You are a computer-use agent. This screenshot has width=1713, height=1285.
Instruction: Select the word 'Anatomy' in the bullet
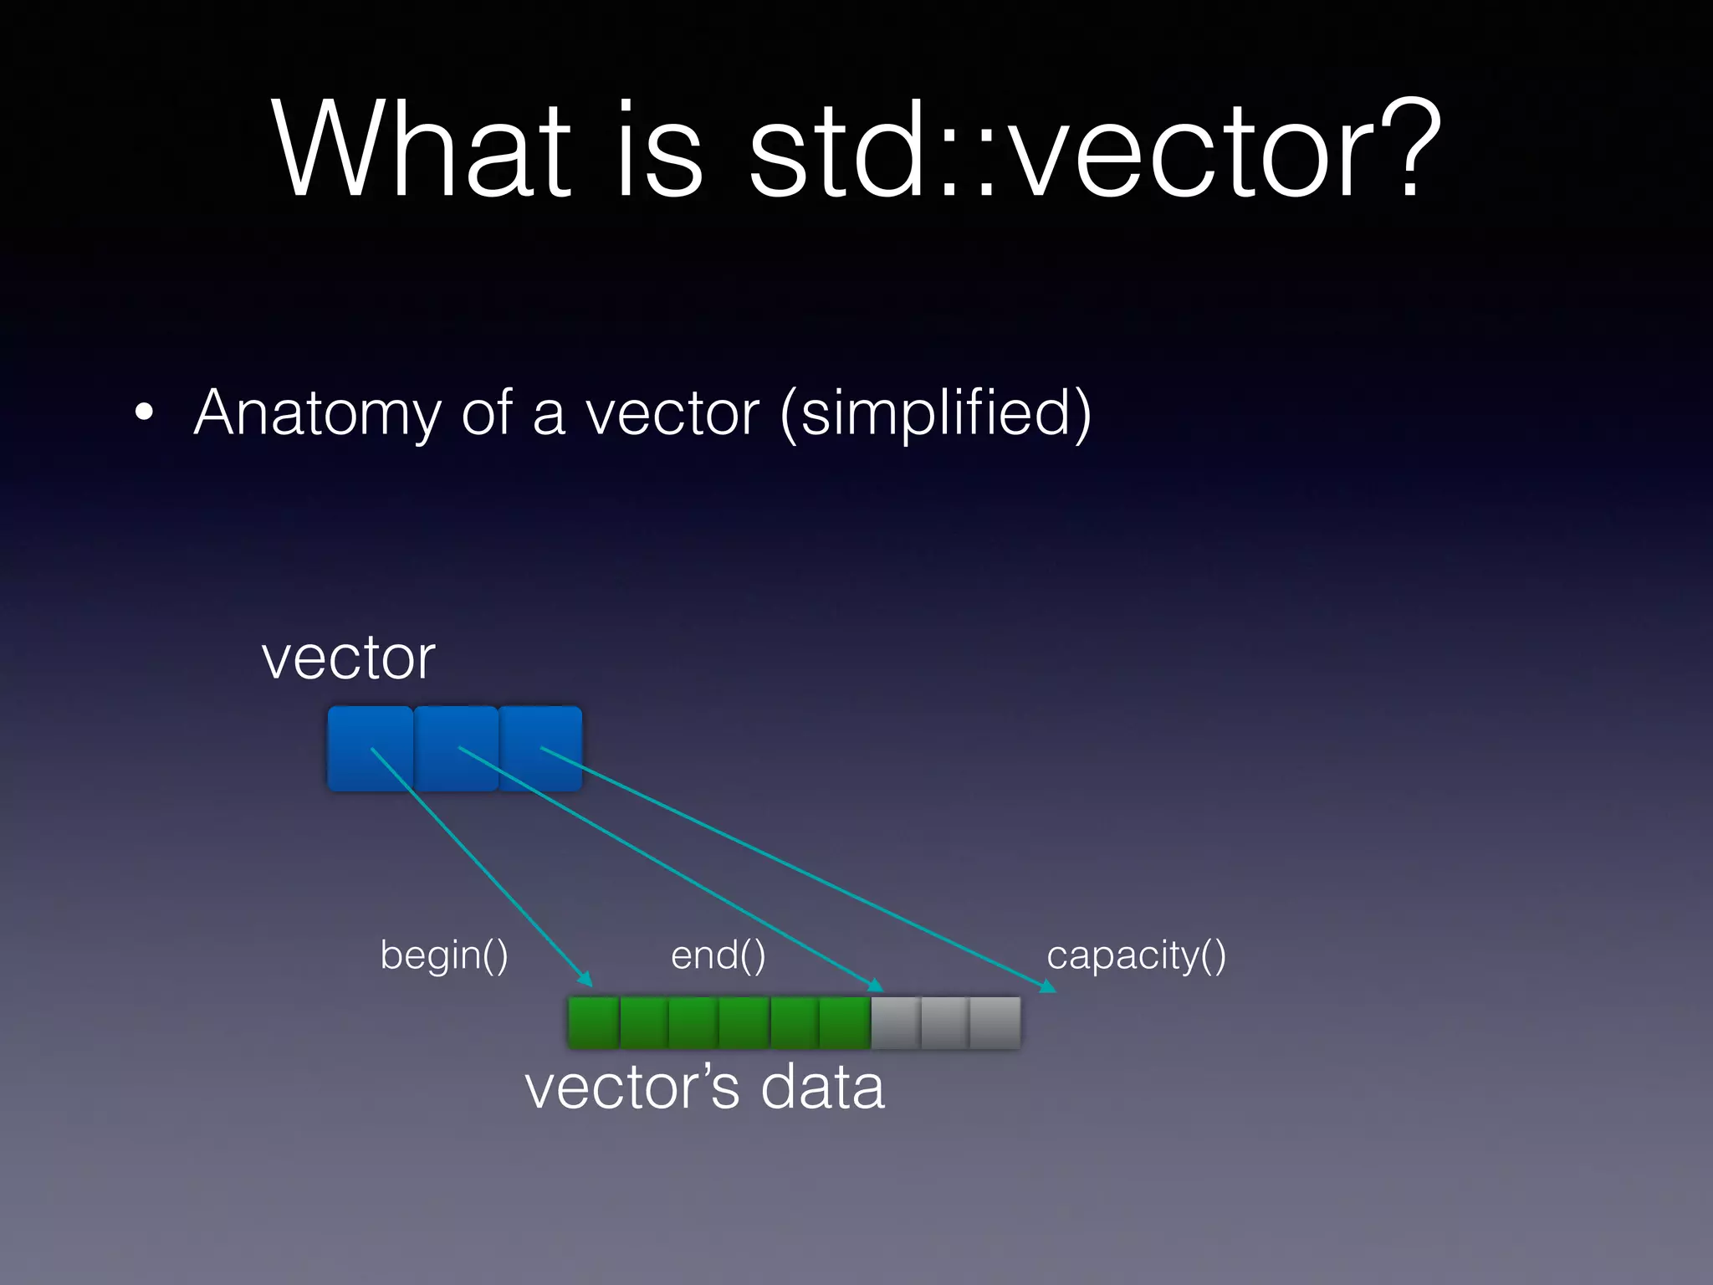click(x=316, y=413)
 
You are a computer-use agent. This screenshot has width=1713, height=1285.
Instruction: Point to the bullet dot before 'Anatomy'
click(x=144, y=412)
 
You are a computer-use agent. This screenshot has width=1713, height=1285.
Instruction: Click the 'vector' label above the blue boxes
click(x=348, y=658)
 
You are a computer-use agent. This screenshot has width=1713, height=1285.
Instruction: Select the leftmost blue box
click(x=370, y=749)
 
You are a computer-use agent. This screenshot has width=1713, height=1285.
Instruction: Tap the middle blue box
click(x=457, y=749)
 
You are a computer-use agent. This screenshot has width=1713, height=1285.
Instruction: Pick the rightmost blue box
click(x=540, y=749)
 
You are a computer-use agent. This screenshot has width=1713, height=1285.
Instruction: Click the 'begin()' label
click(x=444, y=955)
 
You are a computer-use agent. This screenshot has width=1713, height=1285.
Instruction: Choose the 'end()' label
click(x=718, y=955)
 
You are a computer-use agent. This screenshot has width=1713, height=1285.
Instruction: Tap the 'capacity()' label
click(x=1136, y=955)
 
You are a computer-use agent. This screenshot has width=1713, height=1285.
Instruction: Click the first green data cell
click(x=593, y=1022)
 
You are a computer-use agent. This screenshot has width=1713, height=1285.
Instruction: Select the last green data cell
click(x=845, y=1022)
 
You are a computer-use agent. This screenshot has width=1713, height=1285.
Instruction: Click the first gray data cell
click(x=895, y=1022)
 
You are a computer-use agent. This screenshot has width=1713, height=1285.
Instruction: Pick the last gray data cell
click(x=995, y=1022)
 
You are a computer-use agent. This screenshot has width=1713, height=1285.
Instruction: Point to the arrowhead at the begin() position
click(x=585, y=980)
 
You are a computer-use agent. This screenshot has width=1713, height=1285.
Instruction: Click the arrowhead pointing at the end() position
click(x=876, y=986)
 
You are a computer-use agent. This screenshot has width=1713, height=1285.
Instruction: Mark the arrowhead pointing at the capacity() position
click(x=1047, y=988)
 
